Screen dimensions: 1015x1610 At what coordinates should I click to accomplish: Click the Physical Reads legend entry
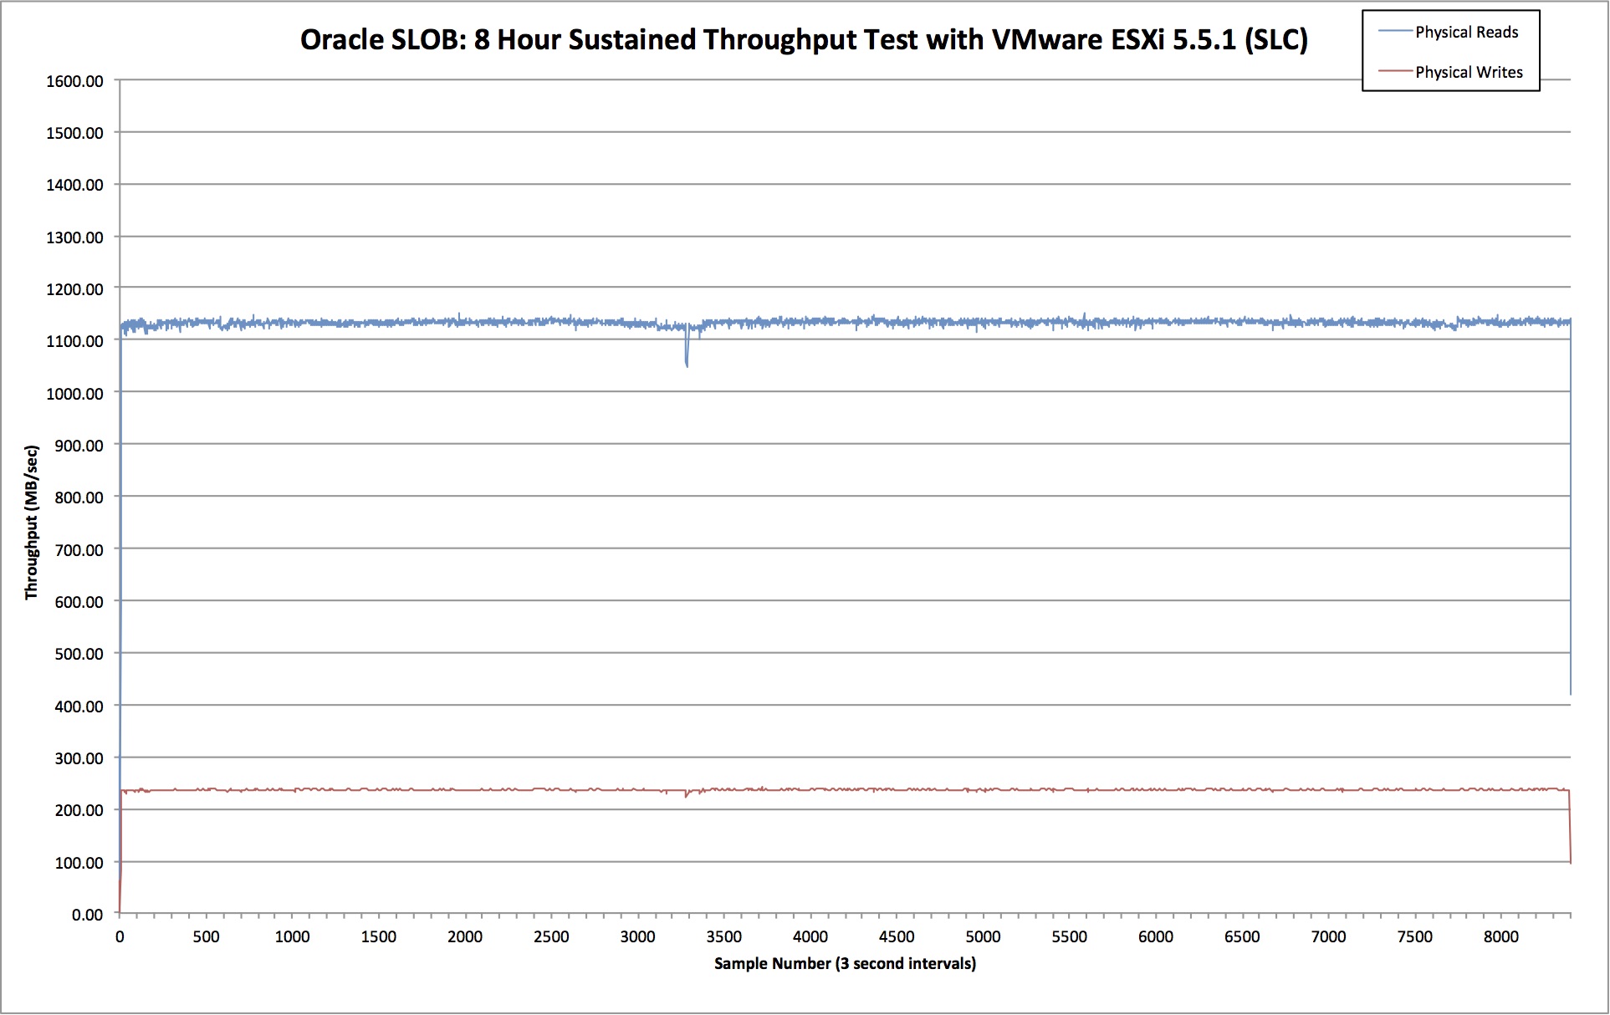(1466, 33)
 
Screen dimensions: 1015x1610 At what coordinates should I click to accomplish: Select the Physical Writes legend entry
(1469, 73)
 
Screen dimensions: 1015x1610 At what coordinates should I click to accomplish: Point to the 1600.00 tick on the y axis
(75, 81)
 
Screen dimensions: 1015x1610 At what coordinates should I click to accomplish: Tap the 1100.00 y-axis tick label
(75, 341)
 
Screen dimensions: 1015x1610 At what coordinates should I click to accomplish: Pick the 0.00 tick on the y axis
(87, 915)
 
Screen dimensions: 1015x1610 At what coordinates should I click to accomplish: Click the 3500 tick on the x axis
(724, 937)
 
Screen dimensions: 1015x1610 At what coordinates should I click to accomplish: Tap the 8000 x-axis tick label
(1500, 937)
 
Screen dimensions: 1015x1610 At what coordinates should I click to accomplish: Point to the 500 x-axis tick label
(206, 937)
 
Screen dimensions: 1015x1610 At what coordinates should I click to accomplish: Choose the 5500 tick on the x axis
(1069, 937)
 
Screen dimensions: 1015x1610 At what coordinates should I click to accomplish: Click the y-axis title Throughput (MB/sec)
(32, 523)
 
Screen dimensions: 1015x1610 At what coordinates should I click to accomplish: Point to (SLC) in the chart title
(1275, 39)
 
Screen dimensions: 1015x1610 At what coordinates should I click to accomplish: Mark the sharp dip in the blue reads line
(687, 365)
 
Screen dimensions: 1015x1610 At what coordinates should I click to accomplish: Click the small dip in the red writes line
(686, 796)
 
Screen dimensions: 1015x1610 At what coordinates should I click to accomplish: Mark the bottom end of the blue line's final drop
(1570, 693)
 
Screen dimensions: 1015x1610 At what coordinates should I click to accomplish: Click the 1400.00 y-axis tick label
(75, 185)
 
